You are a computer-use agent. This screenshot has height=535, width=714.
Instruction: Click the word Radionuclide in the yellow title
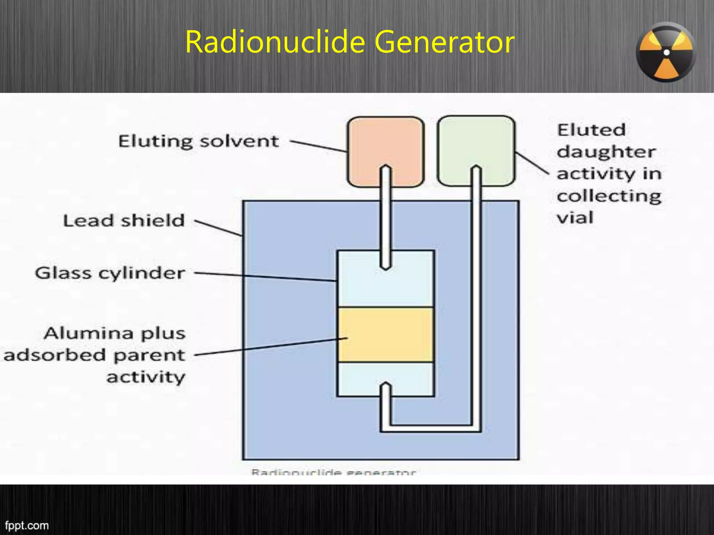click(x=275, y=42)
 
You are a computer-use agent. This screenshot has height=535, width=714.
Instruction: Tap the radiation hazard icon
click(x=666, y=53)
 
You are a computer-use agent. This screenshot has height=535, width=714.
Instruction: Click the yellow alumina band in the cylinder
click(x=386, y=335)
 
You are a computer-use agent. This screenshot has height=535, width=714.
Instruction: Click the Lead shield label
click(x=124, y=221)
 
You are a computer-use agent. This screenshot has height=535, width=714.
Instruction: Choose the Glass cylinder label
click(x=110, y=273)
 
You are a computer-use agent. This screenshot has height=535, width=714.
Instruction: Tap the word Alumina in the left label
click(x=89, y=333)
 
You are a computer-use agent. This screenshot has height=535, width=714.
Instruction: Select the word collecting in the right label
click(x=609, y=196)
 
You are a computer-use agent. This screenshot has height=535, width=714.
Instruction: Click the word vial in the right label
click(x=575, y=218)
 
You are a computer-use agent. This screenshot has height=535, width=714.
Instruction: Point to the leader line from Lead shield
click(x=218, y=228)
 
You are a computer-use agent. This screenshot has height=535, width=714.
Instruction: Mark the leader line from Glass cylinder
click(x=265, y=277)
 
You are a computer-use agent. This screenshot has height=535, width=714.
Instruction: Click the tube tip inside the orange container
click(x=385, y=169)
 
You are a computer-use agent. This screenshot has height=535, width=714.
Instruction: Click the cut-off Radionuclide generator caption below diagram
click(x=334, y=472)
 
